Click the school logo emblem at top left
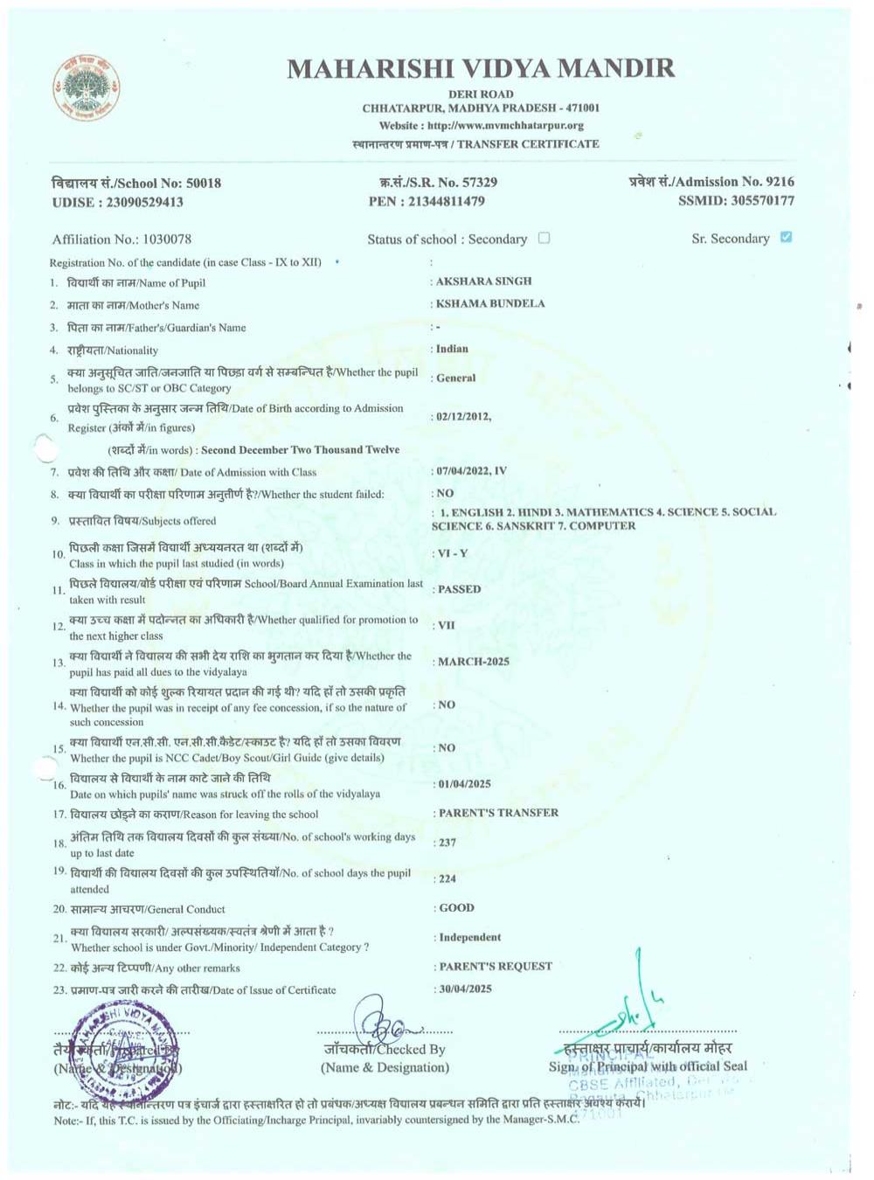click(86, 87)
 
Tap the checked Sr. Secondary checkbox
click(786, 237)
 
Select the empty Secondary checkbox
click(544, 238)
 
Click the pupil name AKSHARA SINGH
click(483, 281)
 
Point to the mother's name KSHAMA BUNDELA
click(489, 303)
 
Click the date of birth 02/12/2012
click(463, 416)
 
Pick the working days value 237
click(447, 843)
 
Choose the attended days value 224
click(447, 878)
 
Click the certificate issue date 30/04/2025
click(465, 989)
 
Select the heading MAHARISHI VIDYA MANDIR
click(481, 68)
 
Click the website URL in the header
click(481, 126)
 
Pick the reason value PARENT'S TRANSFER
click(498, 813)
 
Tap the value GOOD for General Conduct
click(456, 908)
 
